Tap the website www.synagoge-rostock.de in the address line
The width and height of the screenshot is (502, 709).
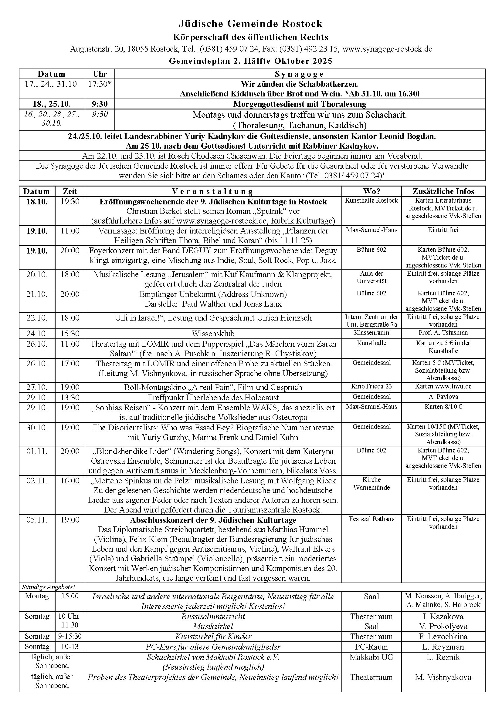click(x=387, y=49)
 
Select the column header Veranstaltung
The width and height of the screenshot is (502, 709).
click(x=213, y=191)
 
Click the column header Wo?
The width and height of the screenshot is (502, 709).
click(x=371, y=191)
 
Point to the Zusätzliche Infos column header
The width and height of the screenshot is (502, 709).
click(x=443, y=191)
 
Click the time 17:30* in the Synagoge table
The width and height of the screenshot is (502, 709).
click(x=100, y=84)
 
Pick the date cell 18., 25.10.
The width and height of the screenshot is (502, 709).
click(x=52, y=104)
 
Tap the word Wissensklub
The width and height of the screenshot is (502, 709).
click(x=213, y=334)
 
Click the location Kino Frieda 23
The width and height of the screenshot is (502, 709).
click(x=371, y=386)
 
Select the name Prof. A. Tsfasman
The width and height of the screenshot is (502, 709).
click(x=443, y=333)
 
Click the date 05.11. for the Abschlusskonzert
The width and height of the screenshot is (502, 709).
click(x=37, y=520)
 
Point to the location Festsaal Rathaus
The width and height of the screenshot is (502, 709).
click(x=371, y=519)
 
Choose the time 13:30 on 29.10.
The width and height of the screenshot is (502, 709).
click(x=70, y=398)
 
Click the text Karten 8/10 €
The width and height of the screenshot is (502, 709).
click(x=443, y=407)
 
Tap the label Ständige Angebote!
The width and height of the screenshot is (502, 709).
click(x=49, y=587)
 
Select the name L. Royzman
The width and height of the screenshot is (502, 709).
click(x=443, y=647)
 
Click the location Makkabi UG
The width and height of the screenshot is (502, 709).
click(x=371, y=657)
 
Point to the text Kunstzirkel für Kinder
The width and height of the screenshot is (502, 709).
click(x=213, y=637)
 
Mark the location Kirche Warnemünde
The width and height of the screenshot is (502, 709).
click(x=371, y=484)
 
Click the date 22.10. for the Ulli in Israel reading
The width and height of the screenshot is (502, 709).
click(x=37, y=318)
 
